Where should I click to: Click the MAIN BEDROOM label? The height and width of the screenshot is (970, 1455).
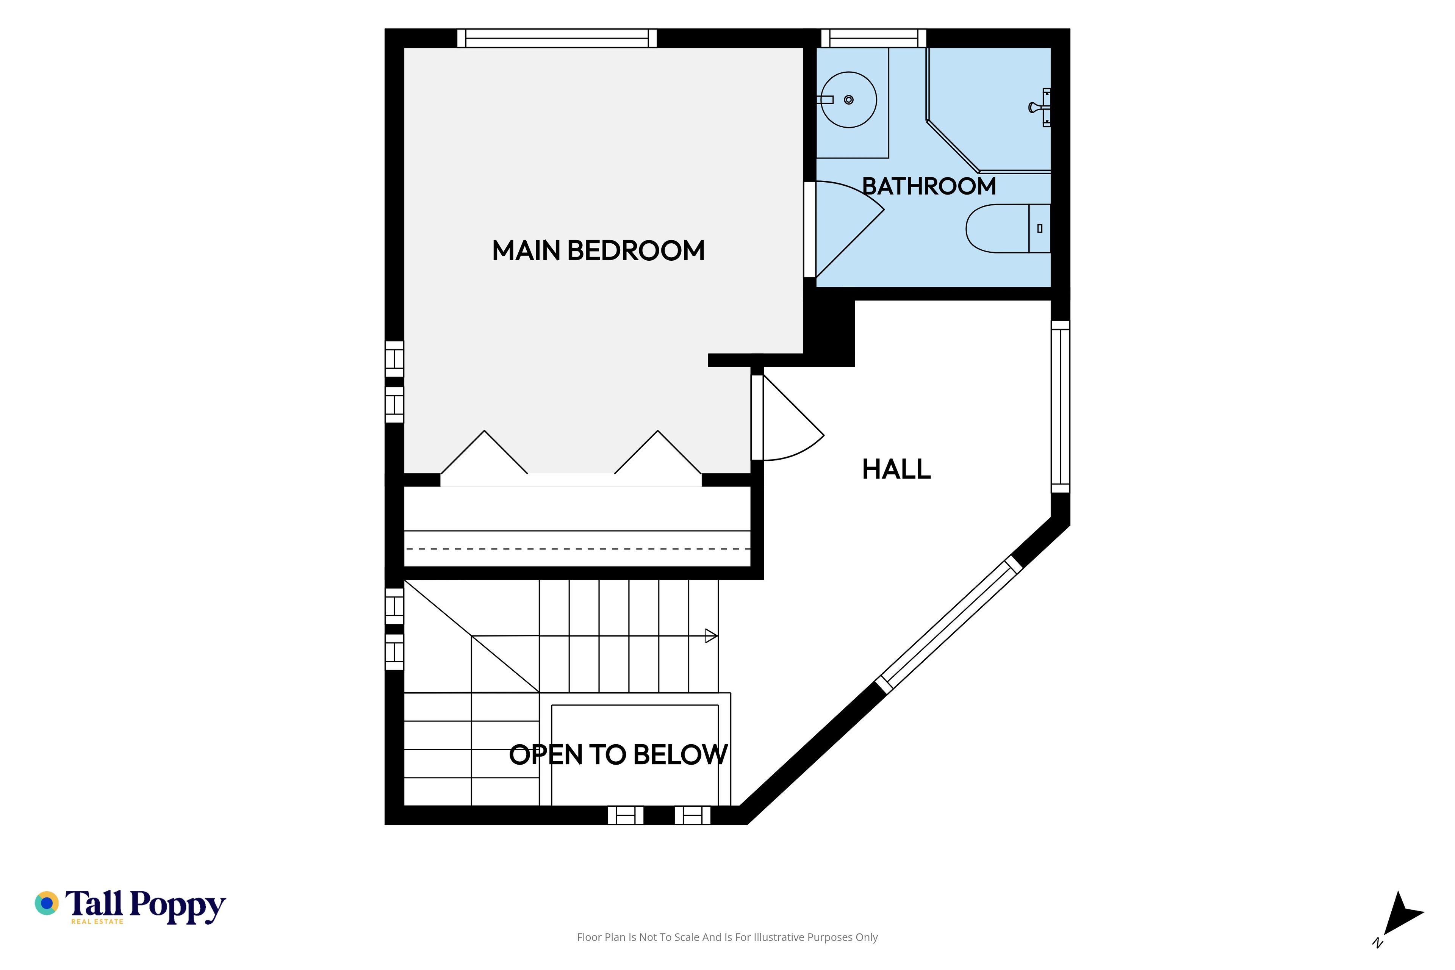click(598, 250)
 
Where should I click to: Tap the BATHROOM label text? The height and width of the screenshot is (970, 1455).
click(929, 186)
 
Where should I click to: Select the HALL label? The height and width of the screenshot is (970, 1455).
click(896, 469)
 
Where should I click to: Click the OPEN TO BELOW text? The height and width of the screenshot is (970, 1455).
click(618, 755)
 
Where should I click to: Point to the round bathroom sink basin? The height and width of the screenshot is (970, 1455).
click(849, 100)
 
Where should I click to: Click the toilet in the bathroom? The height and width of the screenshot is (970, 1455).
click(1008, 228)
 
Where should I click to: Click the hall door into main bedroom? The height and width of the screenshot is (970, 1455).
click(787, 418)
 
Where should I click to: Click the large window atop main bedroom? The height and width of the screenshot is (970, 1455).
click(557, 38)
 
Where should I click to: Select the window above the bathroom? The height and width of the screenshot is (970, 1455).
click(873, 38)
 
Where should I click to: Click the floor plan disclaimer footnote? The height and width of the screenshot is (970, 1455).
click(727, 937)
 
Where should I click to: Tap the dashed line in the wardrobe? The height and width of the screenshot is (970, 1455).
click(577, 549)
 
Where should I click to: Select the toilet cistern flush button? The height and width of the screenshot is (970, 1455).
click(1040, 228)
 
